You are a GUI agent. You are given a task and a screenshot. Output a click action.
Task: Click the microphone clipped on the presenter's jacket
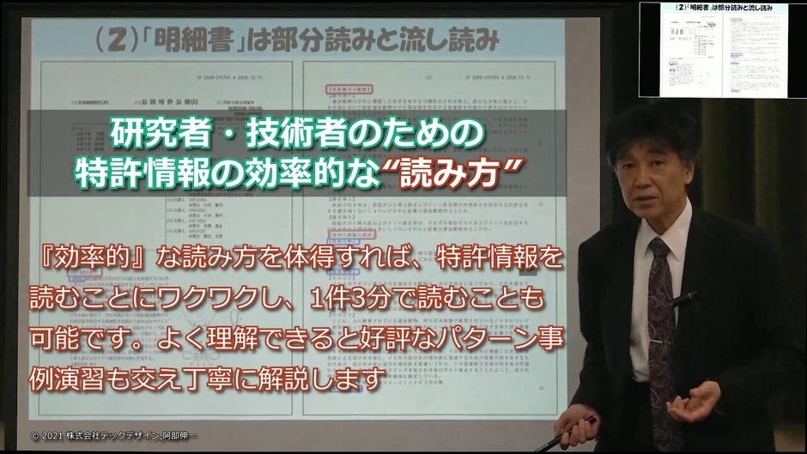685,300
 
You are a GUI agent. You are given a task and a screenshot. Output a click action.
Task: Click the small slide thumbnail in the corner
720,50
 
